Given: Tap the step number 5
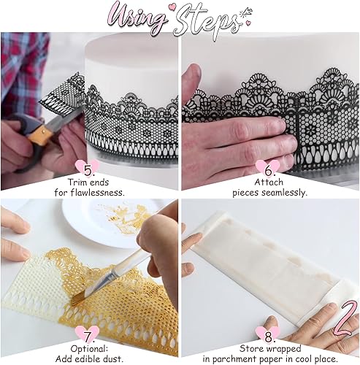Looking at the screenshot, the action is tap(88, 170).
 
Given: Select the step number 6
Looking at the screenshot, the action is tap(268, 171).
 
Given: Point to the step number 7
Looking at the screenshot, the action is tap(88, 337).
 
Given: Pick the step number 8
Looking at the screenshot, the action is tap(268, 337).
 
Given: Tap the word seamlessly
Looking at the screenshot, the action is tap(283, 193).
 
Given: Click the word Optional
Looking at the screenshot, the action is tap(89, 349).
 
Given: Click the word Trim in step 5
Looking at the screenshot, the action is tap(77, 182).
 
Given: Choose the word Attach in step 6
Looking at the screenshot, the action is tap(269, 182).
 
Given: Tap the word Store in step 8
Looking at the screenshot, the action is tap(251, 349).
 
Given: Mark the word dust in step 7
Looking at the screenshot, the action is tap(112, 359).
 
